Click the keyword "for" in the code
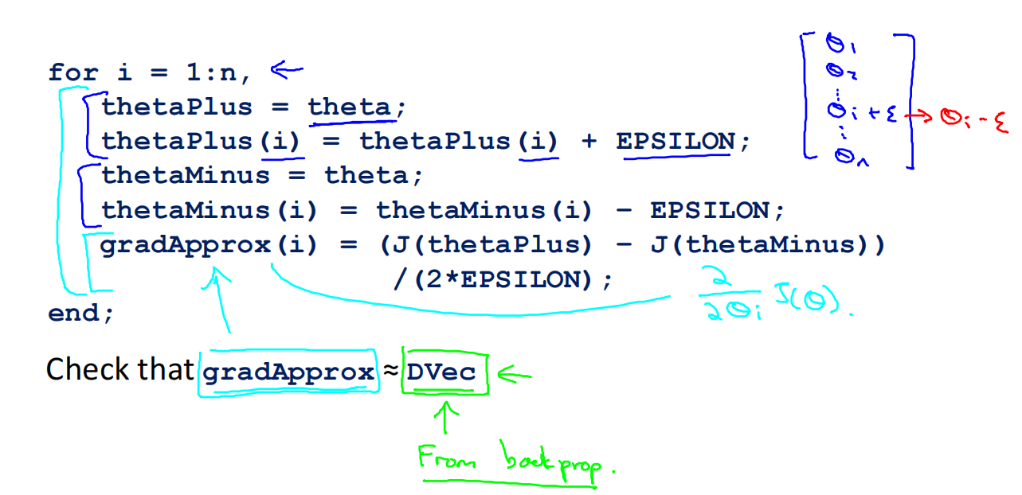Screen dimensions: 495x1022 pos(73,73)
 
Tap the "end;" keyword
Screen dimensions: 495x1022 pos(81,313)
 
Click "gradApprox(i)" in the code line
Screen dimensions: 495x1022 pos(209,245)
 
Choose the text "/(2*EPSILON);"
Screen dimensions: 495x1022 pos(503,280)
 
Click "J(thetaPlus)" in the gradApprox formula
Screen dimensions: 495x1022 pos(486,245)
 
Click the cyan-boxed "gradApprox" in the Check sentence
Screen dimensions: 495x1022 pos(288,372)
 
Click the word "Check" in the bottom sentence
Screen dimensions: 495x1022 pos(88,369)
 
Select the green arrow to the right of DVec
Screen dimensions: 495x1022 pos(514,373)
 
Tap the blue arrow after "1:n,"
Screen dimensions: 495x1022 pos(287,71)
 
